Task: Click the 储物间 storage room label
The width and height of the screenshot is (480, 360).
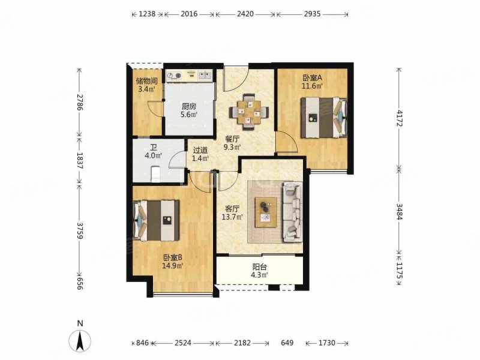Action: (146, 81)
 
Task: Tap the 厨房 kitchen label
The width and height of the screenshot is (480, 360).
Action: (189, 107)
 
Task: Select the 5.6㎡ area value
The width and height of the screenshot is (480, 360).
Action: (189, 115)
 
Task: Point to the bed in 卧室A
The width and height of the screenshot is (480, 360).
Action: (323, 118)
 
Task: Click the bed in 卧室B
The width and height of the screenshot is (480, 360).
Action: (157, 220)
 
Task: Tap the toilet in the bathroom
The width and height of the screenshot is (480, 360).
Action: (156, 174)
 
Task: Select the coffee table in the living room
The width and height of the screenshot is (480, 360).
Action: (266, 212)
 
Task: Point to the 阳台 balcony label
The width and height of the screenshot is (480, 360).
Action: (260, 267)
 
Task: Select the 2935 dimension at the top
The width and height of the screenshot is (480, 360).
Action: (312, 14)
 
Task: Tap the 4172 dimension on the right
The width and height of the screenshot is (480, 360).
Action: (399, 118)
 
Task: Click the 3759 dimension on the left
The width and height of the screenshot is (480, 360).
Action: (80, 230)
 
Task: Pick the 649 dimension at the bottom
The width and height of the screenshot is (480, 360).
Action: (287, 343)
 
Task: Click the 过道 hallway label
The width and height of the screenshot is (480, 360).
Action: (200, 151)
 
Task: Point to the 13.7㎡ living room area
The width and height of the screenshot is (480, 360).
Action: (232, 217)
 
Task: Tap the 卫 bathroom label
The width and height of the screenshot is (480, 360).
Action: (154, 148)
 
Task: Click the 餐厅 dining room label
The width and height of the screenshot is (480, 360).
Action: (232, 139)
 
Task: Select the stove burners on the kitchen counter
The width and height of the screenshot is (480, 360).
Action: (173, 75)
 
